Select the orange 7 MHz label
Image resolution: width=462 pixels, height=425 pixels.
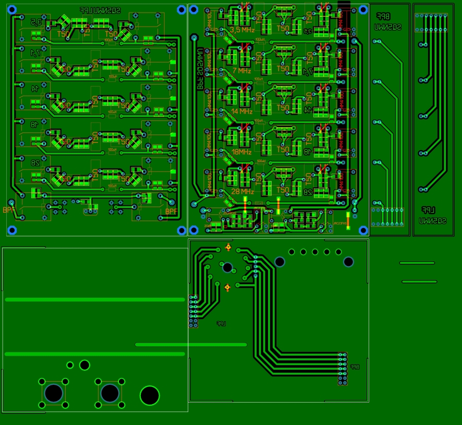pos(241,70)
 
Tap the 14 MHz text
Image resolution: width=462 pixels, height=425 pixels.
pos(242,112)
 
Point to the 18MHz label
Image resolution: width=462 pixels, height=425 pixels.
pos(241,152)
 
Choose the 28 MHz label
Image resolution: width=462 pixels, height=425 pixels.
pos(242,191)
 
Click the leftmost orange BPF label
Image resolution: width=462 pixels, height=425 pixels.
pos(9,210)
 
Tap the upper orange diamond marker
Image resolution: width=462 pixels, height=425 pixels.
pos(228,247)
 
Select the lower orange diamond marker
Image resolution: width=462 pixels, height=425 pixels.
pos(227,287)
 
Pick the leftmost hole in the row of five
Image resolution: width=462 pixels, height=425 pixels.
pos(291,252)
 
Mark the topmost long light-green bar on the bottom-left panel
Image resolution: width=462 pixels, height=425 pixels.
pos(95,300)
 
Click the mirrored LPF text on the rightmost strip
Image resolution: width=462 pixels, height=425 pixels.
pos(428,210)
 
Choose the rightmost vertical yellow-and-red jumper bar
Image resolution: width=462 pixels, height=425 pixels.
pos(348,217)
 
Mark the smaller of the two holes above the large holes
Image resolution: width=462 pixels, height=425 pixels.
pos(70,365)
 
